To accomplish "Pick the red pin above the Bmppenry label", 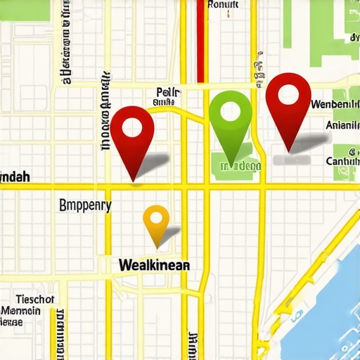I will (132, 134).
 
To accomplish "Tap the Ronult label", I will (224, 4).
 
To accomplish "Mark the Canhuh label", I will (342, 161).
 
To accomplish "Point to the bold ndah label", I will (15, 177).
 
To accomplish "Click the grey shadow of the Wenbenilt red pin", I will (302, 144).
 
